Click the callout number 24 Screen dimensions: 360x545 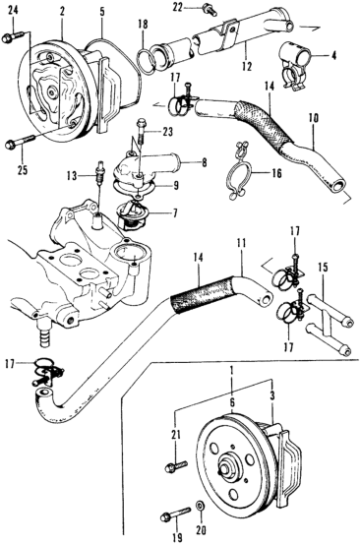[13, 11]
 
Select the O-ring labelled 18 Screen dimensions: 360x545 [147, 60]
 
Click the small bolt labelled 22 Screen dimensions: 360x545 [210, 10]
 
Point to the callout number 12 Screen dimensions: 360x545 [247, 66]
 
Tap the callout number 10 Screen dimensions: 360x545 [313, 118]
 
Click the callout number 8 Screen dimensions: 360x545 [204, 162]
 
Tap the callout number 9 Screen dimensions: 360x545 [176, 186]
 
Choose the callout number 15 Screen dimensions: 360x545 [324, 268]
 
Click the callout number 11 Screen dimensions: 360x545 [242, 244]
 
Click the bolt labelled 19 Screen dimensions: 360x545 [176, 514]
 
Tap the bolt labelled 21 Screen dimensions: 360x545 [177, 465]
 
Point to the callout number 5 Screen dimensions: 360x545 [102, 11]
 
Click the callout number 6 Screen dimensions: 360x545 [232, 402]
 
